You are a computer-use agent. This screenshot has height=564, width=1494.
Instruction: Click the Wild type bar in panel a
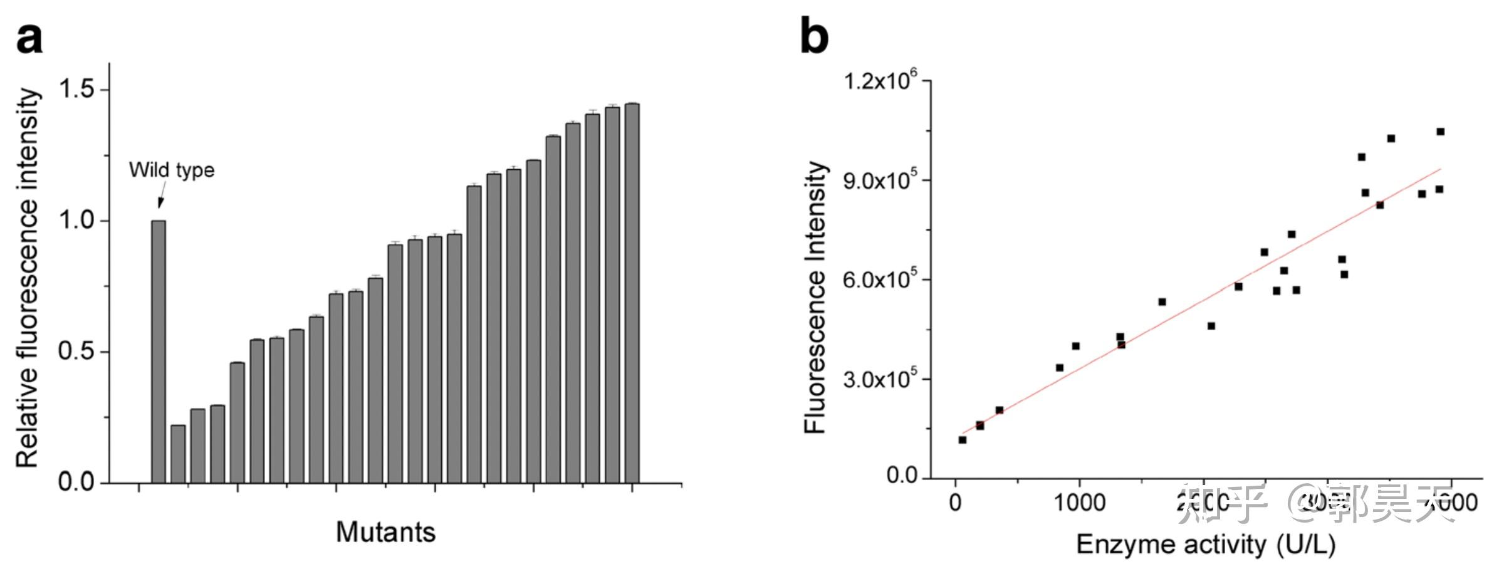pyautogui.click(x=159, y=351)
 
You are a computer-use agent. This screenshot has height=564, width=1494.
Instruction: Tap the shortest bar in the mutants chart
pyautogui.click(x=178, y=454)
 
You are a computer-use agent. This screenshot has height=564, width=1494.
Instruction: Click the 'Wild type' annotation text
pyautogui.click(x=172, y=170)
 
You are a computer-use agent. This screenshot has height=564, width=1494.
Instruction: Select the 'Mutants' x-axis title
pyautogui.click(x=385, y=532)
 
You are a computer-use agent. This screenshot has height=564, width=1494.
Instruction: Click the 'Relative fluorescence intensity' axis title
pyautogui.click(x=28, y=278)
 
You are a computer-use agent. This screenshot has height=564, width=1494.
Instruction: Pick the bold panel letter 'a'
pyautogui.click(x=29, y=39)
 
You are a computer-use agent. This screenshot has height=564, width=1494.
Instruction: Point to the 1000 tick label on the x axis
pyautogui.click(x=1079, y=502)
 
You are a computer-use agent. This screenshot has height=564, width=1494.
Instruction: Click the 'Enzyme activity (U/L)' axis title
pyautogui.click(x=1206, y=544)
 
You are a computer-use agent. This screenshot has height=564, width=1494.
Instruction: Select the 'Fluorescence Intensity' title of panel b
pyautogui.click(x=815, y=297)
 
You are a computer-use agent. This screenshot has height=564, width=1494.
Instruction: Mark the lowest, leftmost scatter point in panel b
pyautogui.click(x=963, y=440)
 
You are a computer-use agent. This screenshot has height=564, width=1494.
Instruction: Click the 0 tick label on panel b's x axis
pyautogui.click(x=955, y=502)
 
